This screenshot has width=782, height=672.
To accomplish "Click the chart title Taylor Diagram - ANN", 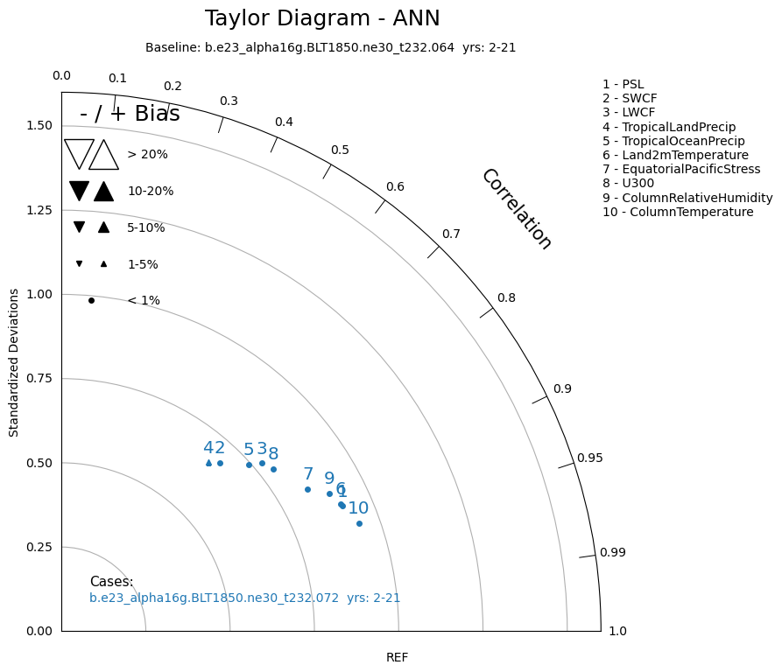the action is click(322, 18).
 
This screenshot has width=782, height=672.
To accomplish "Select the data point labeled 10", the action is click(359, 523).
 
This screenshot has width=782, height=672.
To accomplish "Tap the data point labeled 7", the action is click(307, 490).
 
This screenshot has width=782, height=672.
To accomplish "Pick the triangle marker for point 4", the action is click(209, 463).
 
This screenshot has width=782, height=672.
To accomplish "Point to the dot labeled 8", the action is click(273, 469).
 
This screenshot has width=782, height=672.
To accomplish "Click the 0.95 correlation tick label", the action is click(589, 458).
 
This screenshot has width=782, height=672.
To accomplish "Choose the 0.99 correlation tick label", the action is click(612, 552).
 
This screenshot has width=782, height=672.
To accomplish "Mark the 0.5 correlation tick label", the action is click(340, 150).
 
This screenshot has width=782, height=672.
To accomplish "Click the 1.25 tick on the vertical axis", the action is click(39, 210).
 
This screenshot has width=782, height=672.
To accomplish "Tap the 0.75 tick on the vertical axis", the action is click(39, 379).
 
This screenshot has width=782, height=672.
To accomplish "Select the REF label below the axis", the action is click(397, 657).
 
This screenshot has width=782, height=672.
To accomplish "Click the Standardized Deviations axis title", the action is click(13, 362).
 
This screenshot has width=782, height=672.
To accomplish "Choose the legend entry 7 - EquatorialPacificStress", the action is click(681, 170).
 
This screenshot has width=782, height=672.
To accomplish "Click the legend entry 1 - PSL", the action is click(623, 84).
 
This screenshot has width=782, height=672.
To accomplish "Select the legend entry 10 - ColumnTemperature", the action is click(678, 212).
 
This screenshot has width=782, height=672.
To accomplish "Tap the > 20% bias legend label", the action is click(148, 154).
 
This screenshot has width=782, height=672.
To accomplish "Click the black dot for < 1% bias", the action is click(91, 300).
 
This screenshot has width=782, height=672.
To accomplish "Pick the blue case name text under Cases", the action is click(245, 598).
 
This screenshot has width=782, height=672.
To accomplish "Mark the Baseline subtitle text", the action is click(331, 48).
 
